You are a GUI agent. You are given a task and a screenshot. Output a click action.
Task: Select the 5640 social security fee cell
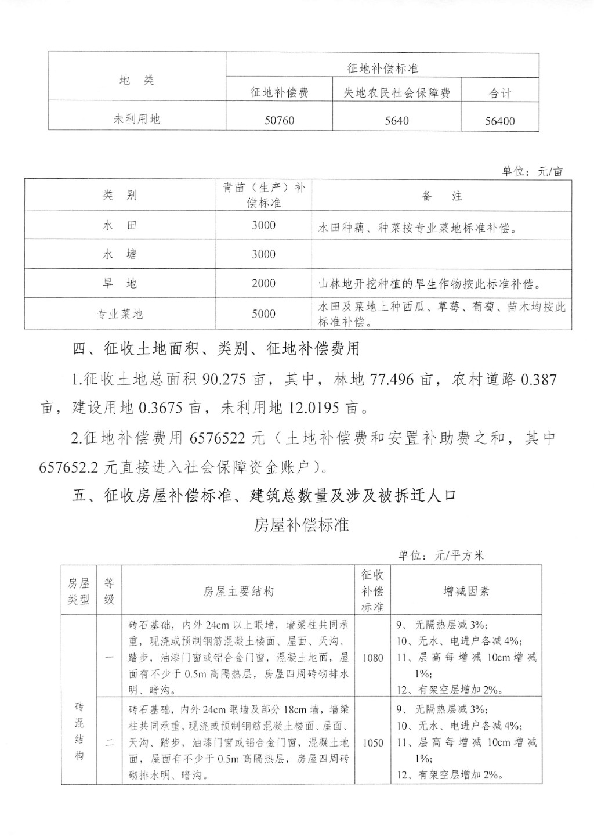tap(396, 121)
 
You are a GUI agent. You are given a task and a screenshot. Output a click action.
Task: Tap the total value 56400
tap(499, 121)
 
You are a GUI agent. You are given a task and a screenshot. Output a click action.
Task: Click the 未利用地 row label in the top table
tap(137, 119)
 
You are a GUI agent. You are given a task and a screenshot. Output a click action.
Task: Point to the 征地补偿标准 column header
tap(383, 69)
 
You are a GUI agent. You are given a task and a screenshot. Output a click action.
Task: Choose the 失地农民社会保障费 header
tap(397, 93)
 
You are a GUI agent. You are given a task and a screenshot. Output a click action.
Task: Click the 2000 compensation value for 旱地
tap(264, 283)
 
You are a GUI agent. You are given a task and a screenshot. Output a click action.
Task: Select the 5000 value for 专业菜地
tap(264, 313)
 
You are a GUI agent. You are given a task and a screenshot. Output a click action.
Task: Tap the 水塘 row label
tap(120, 254)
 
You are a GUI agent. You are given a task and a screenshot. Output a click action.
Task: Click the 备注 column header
tap(442, 196)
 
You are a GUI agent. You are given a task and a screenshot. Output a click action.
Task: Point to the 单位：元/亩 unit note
tap(532, 172)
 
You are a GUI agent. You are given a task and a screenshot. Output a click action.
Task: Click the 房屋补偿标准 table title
tap(301, 525)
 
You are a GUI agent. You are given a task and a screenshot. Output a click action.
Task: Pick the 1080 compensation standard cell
tap(373, 658)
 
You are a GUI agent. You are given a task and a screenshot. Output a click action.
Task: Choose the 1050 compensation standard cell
tap(373, 742)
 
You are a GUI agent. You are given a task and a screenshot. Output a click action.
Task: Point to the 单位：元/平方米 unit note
tap(441, 556)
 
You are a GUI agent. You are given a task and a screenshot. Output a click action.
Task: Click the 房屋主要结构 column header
tap(238, 591)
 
